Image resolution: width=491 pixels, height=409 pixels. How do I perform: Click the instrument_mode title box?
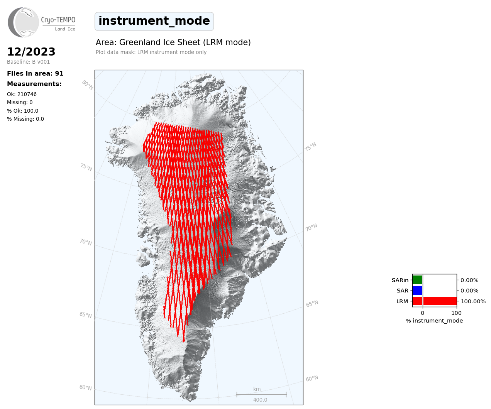(x=154, y=21)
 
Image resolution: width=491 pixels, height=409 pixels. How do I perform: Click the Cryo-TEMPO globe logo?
(x=23, y=22)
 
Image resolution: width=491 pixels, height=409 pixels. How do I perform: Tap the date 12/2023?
(x=31, y=52)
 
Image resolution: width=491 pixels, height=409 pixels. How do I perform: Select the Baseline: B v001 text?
(x=29, y=62)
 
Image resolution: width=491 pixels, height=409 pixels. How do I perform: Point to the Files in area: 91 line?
(x=35, y=74)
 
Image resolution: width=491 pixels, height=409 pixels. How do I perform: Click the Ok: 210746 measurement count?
(x=22, y=94)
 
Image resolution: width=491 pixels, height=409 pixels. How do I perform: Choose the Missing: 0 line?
(x=20, y=103)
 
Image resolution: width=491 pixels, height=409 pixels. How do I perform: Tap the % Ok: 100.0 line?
(x=22, y=111)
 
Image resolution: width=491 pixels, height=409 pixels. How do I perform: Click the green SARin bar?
(x=417, y=280)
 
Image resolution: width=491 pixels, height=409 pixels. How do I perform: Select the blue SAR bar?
(x=417, y=291)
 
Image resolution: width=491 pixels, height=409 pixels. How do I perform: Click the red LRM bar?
(x=435, y=301)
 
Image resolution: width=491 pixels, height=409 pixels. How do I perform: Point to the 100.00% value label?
(x=473, y=301)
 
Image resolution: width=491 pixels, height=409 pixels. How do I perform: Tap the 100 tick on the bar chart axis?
(x=456, y=313)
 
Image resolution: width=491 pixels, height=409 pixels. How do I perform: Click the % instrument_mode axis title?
(x=434, y=321)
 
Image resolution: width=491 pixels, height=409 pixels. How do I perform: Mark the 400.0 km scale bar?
(x=261, y=394)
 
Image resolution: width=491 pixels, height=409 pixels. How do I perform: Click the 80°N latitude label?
(x=88, y=85)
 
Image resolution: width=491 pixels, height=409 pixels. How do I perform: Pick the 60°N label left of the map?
(x=85, y=387)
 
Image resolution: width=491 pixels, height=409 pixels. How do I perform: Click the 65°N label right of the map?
(x=312, y=303)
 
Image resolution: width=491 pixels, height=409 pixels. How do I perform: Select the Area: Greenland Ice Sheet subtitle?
(x=173, y=42)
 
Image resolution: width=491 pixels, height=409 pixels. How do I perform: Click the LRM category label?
(x=402, y=301)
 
